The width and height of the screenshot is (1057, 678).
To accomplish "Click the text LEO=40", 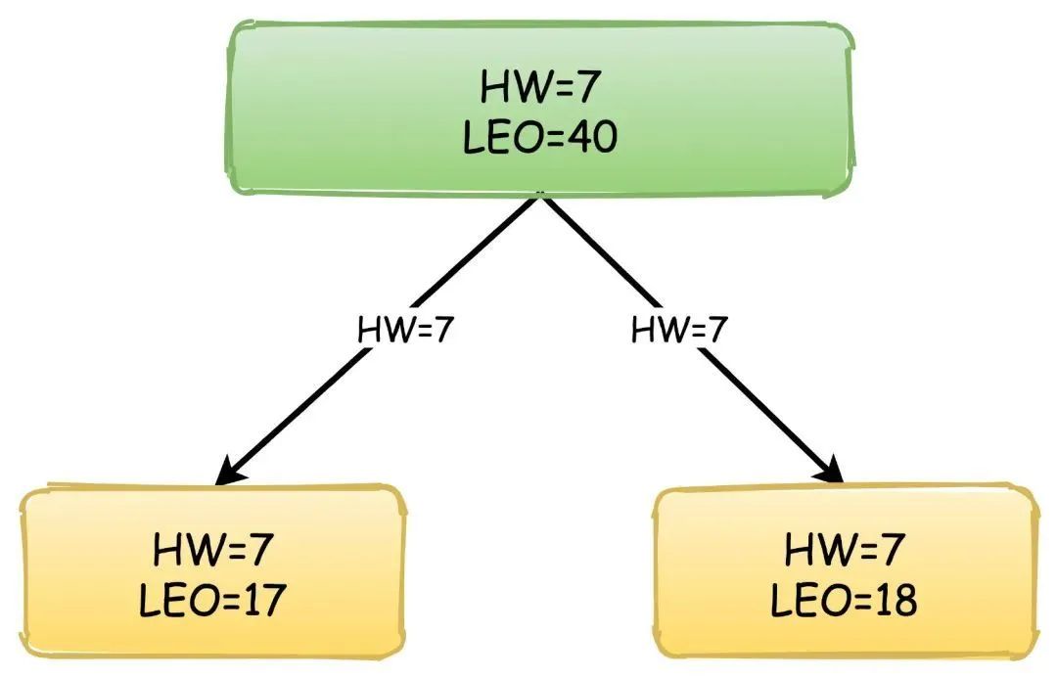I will coord(539,138).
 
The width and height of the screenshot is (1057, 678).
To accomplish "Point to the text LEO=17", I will coord(211,600).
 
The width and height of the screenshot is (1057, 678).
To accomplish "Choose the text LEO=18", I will coord(844,600).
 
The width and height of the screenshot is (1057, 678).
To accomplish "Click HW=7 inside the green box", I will coord(539,89).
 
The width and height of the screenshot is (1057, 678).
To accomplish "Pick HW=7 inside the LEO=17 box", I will coord(211,550).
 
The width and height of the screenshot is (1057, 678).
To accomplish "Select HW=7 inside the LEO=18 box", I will coord(844,550).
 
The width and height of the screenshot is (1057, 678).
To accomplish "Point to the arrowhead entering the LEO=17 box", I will coord(228,473).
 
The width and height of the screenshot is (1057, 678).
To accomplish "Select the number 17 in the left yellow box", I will coord(262,600).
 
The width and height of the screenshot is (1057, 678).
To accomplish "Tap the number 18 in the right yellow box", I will coord(895,600).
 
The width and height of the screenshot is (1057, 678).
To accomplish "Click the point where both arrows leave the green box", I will coord(539,196).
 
